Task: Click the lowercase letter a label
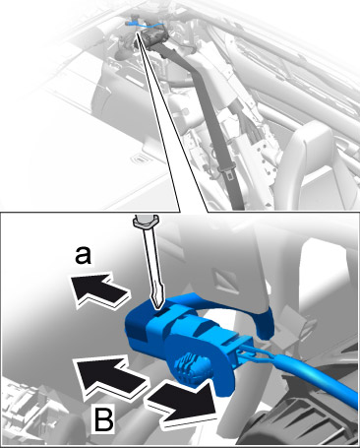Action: click(x=83, y=255)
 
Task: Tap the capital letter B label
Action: click(x=104, y=418)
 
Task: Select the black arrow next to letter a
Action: click(x=99, y=288)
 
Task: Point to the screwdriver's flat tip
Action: click(x=156, y=303)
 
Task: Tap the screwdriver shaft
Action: click(x=150, y=259)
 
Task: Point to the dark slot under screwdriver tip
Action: click(x=159, y=312)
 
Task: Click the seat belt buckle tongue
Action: click(x=225, y=171)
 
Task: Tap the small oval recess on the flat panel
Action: click(x=140, y=160)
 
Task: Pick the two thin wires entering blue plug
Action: click(x=258, y=355)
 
